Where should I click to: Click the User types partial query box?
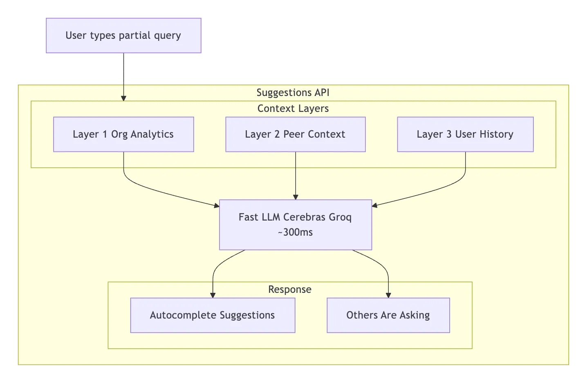(124, 36)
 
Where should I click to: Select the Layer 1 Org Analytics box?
(123, 134)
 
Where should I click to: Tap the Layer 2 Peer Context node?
(295, 134)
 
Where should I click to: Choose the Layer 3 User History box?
(465, 134)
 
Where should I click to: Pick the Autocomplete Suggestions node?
(213, 315)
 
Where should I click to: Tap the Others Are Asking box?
(388, 315)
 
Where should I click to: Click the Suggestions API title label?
(293, 93)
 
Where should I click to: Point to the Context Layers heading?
(293, 109)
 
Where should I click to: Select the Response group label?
(289, 290)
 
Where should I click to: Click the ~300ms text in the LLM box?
(295, 232)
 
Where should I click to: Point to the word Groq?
(340, 217)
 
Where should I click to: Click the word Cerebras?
(305, 217)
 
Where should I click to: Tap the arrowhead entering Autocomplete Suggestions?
(213, 295)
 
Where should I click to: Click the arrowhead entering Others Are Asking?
(388, 295)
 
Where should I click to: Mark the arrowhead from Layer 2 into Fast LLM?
(296, 197)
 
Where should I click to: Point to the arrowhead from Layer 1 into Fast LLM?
(216, 206)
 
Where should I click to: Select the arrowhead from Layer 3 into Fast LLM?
(375, 205)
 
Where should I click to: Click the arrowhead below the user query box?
(123, 98)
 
